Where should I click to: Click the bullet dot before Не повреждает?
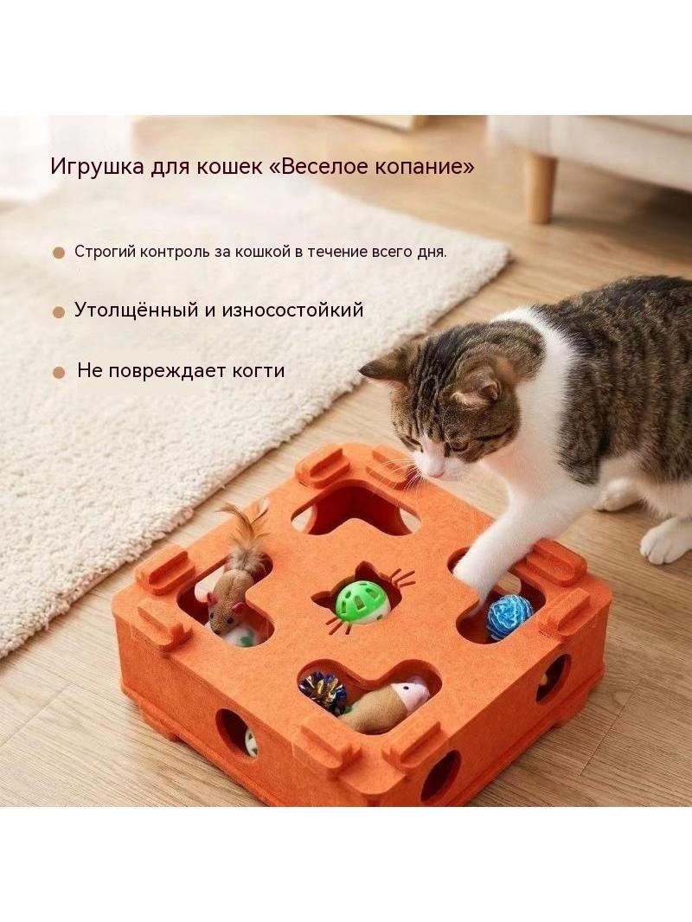pyautogui.click(x=58, y=373)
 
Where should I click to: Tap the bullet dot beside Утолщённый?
pyautogui.click(x=58, y=312)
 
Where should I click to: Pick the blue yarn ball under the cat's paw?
pyautogui.click(x=510, y=616)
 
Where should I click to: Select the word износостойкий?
pyautogui.click(x=292, y=310)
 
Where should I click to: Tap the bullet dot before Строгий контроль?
pyautogui.click(x=58, y=253)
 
